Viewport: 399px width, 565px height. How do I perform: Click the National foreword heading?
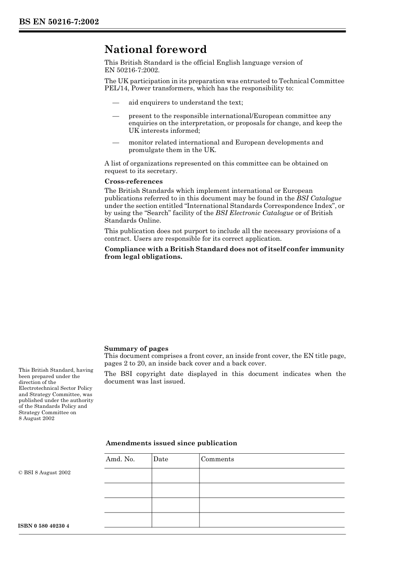pos(155,50)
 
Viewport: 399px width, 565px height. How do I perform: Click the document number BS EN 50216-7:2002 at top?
pos(59,21)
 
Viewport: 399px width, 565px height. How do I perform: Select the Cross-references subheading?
pos(134,181)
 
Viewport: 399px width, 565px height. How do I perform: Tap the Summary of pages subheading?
pos(136,348)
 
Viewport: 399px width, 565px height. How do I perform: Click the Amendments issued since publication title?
pos(171,443)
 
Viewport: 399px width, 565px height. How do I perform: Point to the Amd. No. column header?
pos(120,459)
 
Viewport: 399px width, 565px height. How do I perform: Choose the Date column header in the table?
pos(160,459)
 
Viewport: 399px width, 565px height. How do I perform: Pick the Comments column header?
pos(217,459)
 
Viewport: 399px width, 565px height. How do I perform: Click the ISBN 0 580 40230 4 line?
pos(44,526)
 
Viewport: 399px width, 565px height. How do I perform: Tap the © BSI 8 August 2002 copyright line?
pos(45,473)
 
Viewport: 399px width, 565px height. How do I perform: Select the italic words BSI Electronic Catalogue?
pos(254,213)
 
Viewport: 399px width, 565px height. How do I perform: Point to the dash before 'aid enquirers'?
pos(115,102)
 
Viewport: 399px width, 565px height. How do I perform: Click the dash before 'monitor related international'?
pos(115,142)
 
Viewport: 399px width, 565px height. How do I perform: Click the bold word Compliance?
pos(123,249)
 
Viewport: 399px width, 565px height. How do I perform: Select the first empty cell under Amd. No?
pos(128,476)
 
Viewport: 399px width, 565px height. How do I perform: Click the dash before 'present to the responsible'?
pos(115,116)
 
